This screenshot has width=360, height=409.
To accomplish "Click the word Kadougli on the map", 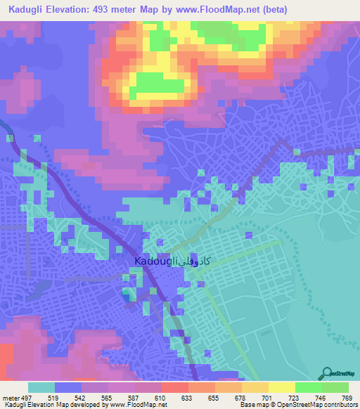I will pyautogui.click(x=155, y=261).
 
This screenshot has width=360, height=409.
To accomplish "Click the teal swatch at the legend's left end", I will pyautogui.click(x=41, y=387).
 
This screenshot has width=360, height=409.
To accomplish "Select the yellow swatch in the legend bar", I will pyautogui.click(x=282, y=387).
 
